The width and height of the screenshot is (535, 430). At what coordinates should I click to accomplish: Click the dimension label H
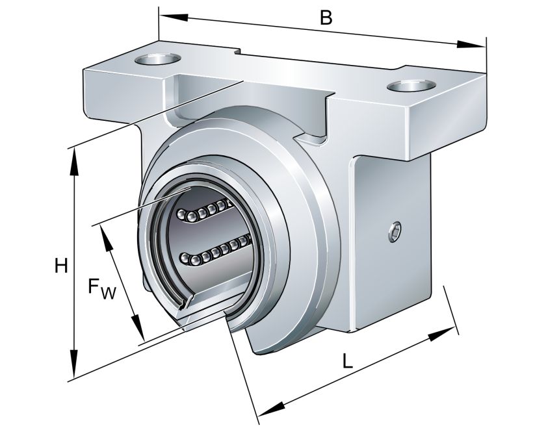click(x=61, y=266)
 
